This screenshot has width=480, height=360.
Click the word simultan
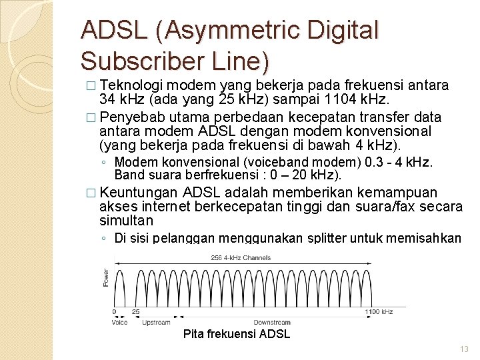coord(126,221)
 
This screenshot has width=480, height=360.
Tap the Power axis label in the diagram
coord(105,279)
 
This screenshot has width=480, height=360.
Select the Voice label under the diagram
coord(120,323)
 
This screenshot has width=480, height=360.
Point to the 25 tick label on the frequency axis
coord(136,312)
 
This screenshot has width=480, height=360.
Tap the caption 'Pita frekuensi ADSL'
coord(236,334)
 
